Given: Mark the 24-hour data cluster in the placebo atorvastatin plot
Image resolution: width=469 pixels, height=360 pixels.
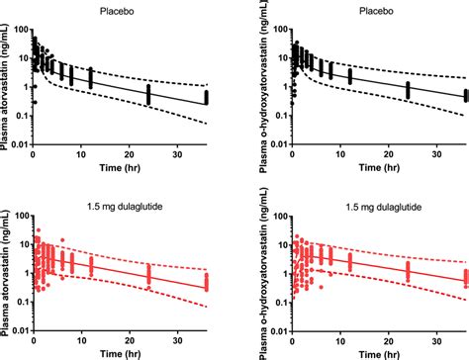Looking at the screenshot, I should click(148, 94).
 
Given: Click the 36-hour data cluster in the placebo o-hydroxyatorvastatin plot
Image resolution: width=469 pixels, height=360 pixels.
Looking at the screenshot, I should click(466, 97).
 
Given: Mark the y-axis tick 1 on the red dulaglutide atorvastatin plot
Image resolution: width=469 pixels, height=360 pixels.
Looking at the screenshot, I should click(26, 273).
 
